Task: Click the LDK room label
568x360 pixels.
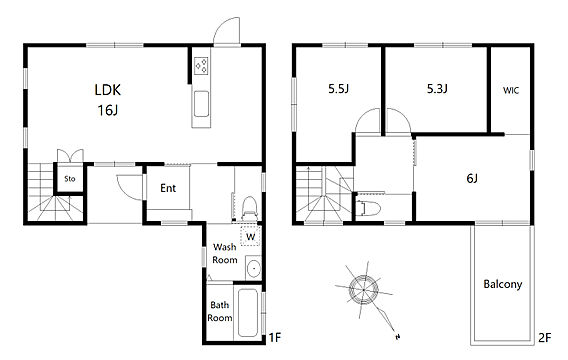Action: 108,90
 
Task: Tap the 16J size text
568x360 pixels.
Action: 108,110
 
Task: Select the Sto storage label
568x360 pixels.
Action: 70,179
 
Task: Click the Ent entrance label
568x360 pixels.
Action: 168,188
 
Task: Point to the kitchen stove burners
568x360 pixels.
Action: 201,66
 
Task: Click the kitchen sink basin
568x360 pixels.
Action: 201,104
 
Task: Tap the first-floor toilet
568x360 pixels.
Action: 249,208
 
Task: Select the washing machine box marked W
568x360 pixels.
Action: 251,235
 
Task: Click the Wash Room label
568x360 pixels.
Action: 225,254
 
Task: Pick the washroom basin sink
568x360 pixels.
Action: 254,268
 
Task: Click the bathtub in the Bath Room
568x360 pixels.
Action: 248,313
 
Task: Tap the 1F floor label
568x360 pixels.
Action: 275,338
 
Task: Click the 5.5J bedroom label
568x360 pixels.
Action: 338,89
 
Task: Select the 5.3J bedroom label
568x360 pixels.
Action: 437,89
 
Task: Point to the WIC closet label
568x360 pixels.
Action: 511,90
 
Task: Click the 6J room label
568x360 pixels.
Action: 472,178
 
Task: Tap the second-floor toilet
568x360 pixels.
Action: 368,208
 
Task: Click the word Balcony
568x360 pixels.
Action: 503,284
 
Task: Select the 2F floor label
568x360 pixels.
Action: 544,338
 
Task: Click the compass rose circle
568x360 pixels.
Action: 364,290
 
